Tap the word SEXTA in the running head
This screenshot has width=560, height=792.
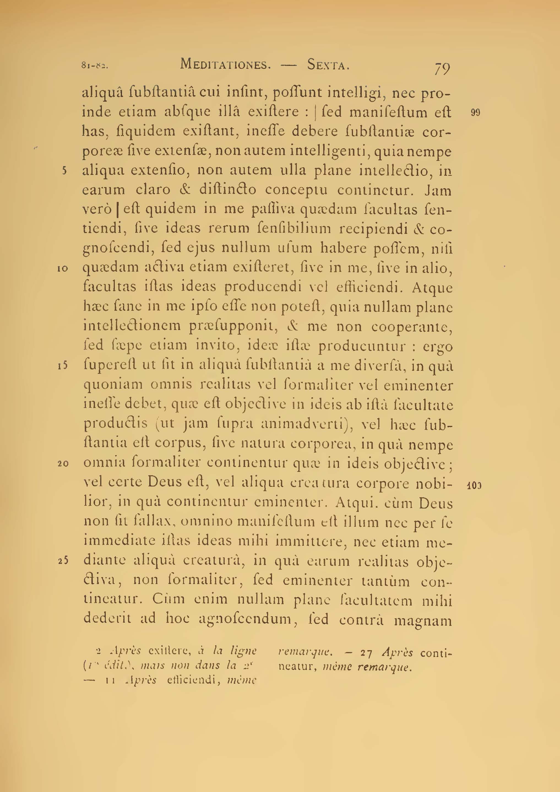(328, 65)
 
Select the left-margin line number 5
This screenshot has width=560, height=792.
(64, 171)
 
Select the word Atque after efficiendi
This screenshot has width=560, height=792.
(432, 288)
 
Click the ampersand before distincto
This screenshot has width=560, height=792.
(186, 190)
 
